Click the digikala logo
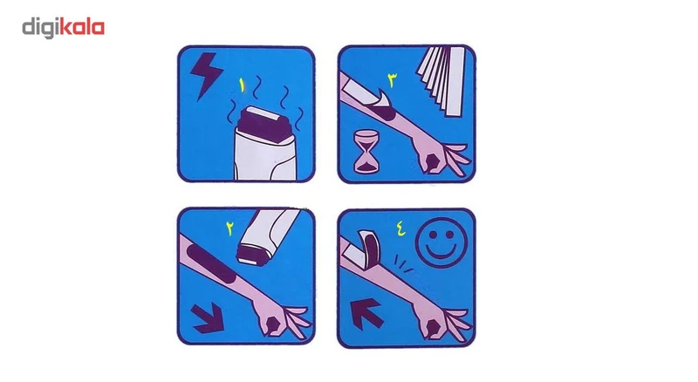tap(63, 28)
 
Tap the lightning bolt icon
tap(206, 74)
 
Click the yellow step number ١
tap(243, 85)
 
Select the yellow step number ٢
tap(229, 228)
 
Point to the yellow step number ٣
tap(393, 80)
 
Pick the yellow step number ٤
tap(400, 229)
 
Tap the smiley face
tap(441, 242)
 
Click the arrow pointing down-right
tap(207, 317)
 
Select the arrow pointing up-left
tap(366, 313)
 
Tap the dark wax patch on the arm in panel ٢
tap(211, 263)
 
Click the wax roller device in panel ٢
tap(267, 235)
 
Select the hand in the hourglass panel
tap(438, 156)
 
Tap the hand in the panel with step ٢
tap(279, 320)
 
